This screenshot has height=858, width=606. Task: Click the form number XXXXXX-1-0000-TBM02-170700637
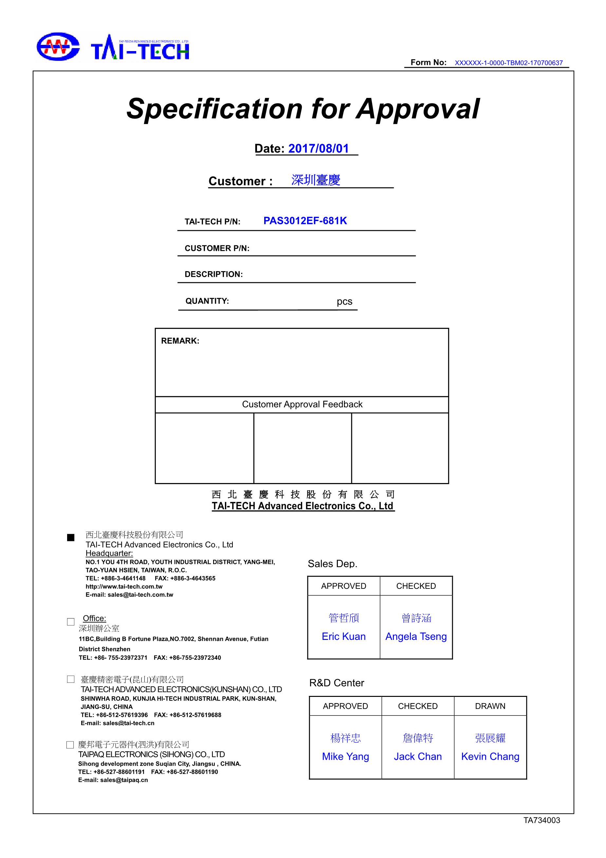pos(508,63)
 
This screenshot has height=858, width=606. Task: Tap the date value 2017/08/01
pos(318,149)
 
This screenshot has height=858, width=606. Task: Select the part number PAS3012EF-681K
pos(305,221)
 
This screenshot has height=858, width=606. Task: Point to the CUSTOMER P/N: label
pos(217,249)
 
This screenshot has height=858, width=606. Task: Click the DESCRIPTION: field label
pos(213,274)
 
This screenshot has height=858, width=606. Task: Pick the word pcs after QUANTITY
pos(344,302)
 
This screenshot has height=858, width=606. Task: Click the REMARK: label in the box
pos(180,341)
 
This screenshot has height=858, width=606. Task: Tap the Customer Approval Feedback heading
pos(302,404)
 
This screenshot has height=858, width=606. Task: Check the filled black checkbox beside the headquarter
pos(71,538)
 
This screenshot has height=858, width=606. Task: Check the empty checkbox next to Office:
pos(71,622)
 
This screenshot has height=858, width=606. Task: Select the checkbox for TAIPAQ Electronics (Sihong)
pos(70,745)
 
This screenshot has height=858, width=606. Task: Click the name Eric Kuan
pos(343,636)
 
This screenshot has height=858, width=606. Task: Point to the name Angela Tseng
pos(416,636)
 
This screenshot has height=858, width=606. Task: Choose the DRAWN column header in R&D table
pos(490,706)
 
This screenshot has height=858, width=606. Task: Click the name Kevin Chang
pos(490,756)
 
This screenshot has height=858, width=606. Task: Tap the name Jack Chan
pos(417,756)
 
